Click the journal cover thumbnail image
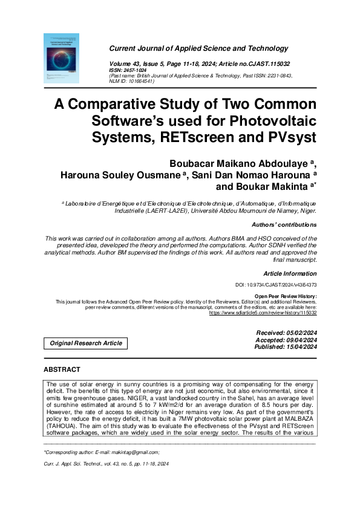[61, 58]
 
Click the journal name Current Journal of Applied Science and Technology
[198, 48]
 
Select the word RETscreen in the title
[211, 137]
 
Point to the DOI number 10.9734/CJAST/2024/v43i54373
[275, 285]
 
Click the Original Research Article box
[86, 343]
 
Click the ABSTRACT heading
[62, 369]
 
